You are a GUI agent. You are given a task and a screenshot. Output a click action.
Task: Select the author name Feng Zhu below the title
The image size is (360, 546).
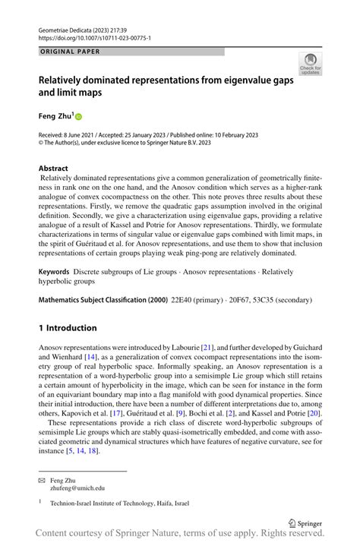55,116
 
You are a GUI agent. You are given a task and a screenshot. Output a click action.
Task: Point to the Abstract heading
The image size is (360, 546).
54,169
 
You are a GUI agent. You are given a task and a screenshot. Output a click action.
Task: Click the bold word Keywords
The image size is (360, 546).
58,271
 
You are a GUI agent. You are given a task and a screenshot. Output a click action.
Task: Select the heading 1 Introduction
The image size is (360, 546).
68,328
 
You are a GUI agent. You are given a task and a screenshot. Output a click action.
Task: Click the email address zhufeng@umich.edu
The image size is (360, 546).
77,489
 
